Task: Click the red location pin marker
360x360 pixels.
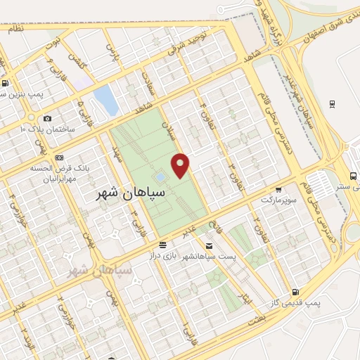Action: point(181,165)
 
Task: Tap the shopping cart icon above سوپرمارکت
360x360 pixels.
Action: point(279,189)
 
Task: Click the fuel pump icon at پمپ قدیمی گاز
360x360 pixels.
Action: point(294,292)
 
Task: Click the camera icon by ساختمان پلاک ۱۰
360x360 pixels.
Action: point(47,119)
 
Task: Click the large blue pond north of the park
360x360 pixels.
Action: point(105,101)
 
